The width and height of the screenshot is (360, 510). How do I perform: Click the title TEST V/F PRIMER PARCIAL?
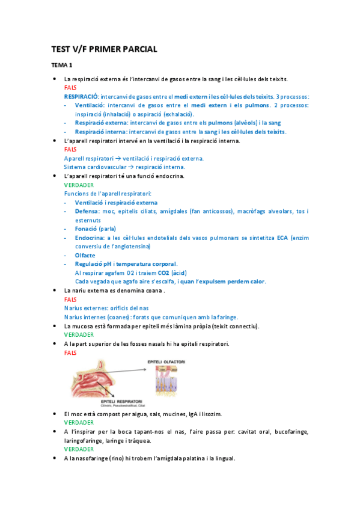(103, 50)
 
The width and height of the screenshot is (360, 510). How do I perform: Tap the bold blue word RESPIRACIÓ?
(81, 96)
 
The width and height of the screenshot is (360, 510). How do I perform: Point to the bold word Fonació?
(87, 229)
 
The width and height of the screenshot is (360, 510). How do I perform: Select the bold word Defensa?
(88, 211)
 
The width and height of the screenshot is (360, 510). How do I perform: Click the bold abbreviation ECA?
(282, 238)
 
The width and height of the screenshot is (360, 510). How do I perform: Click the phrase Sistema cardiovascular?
(94, 167)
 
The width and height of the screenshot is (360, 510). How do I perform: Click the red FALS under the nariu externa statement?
(70, 299)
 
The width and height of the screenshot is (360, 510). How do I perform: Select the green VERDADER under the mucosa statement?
(79, 334)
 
